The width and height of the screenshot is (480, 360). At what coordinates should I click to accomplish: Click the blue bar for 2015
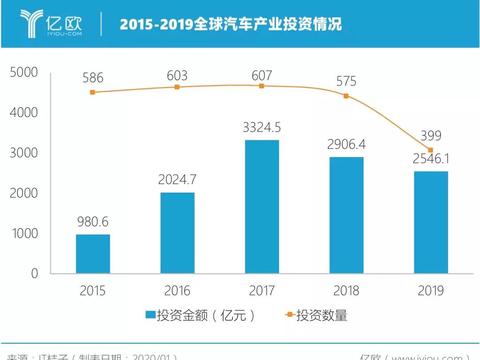tap(92, 253)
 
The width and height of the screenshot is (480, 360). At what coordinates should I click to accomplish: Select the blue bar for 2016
tap(176, 232)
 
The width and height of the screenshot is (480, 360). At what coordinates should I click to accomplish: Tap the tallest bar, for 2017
tap(261, 206)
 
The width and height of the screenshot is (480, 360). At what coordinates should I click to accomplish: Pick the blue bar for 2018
tap(346, 214)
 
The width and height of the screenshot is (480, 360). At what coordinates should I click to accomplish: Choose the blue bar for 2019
tap(430, 221)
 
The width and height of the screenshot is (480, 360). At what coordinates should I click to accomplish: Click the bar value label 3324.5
tap(262, 128)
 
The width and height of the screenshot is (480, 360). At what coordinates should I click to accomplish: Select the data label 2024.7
tap(177, 180)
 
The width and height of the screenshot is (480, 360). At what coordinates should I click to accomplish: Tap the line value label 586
tap(92, 75)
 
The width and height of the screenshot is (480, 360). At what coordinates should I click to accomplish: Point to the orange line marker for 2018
tap(346, 96)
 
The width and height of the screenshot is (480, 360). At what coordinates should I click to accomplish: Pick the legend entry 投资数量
tap(314, 317)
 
